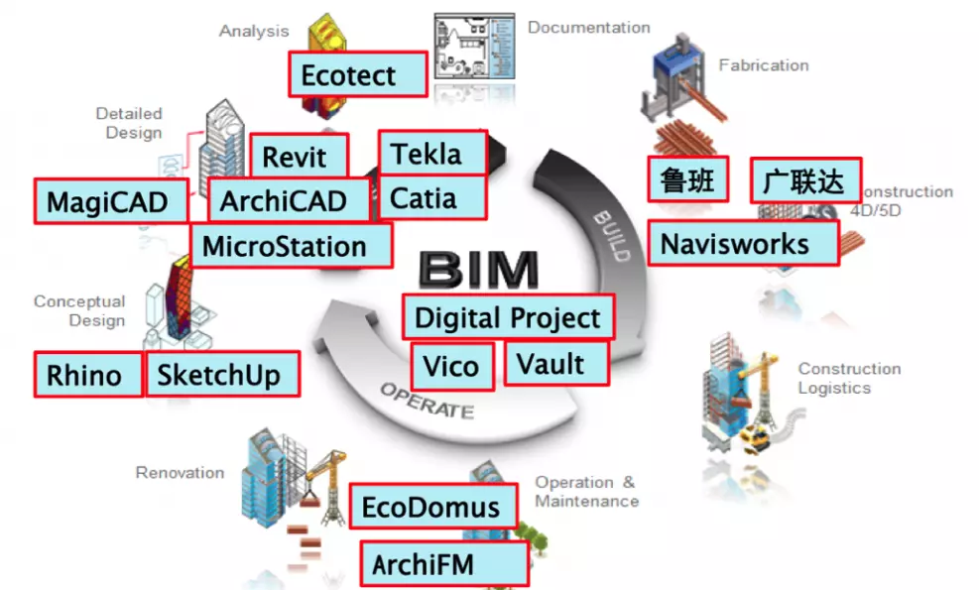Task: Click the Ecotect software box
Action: point(357,75)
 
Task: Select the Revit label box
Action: point(299,157)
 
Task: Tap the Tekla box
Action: point(432,154)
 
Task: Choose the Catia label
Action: point(432,198)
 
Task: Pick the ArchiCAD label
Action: point(289,201)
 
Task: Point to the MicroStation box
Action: point(291,245)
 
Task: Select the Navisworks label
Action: point(743,243)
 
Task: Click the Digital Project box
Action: point(508,318)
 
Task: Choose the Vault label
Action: point(555,363)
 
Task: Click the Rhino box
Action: point(87,375)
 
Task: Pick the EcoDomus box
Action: point(432,507)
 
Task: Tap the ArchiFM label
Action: point(441,564)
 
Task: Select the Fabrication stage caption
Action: point(763,65)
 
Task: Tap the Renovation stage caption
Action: point(180,473)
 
